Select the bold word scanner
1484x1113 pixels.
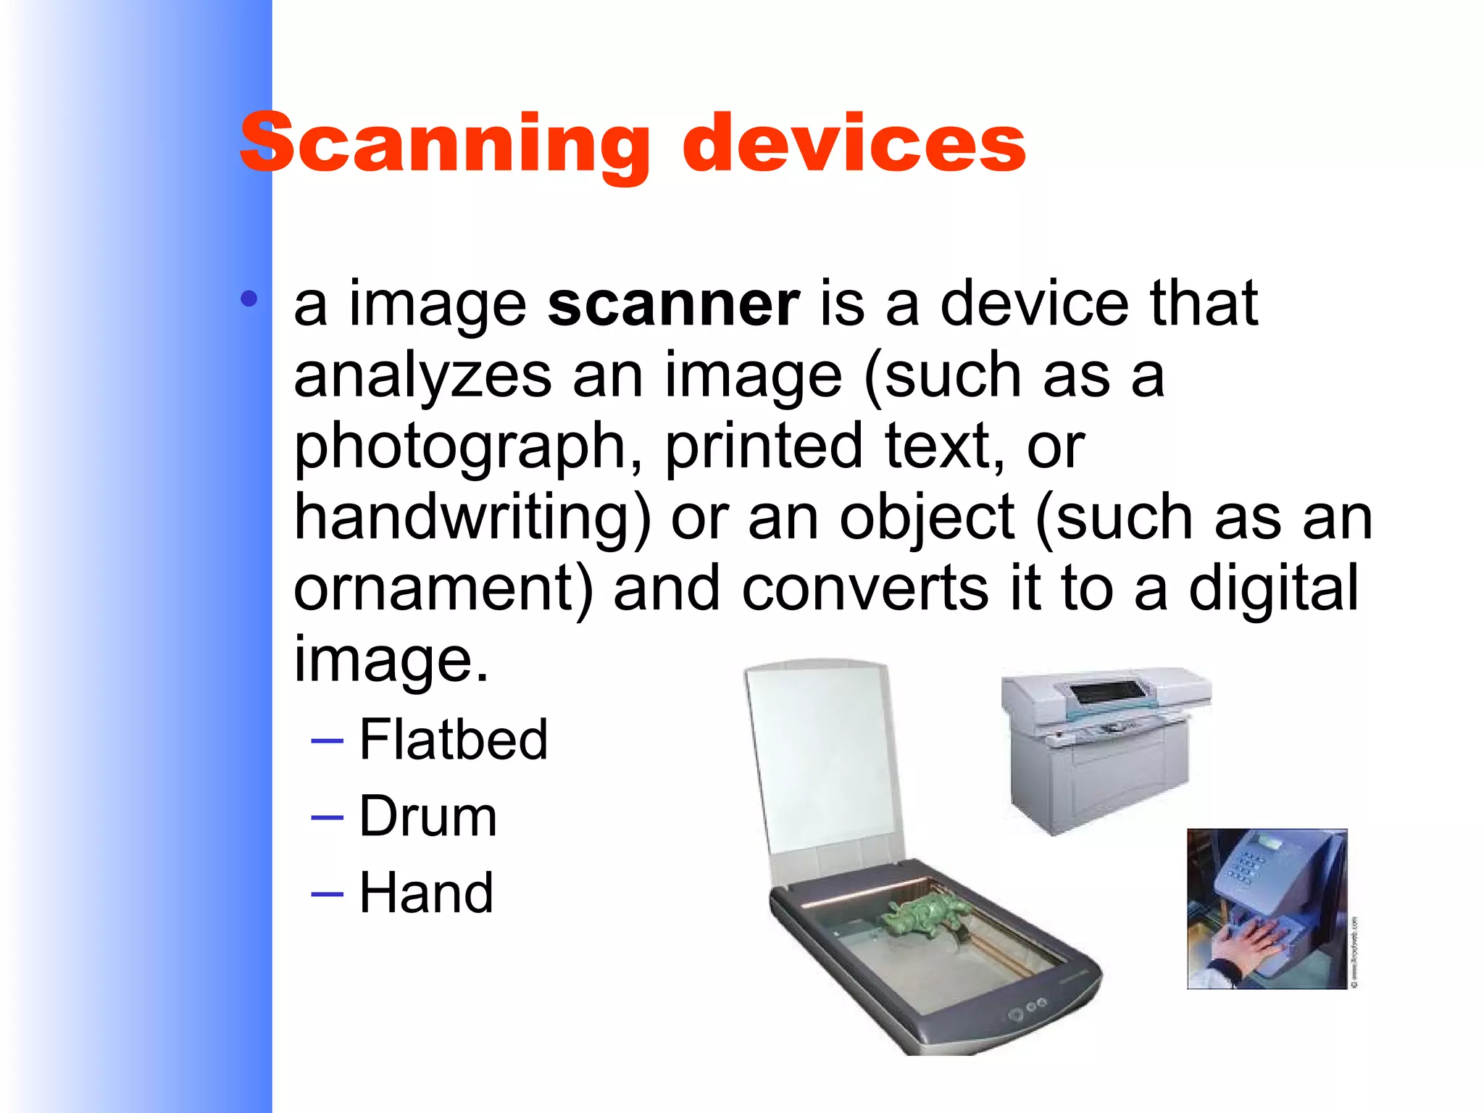click(x=673, y=304)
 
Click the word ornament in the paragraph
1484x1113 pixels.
click(x=443, y=588)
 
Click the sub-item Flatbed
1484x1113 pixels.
click(x=453, y=739)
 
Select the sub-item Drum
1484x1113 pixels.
click(x=428, y=817)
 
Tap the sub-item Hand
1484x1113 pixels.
click(x=426, y=893)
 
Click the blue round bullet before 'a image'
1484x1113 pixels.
click(x=249, y=299)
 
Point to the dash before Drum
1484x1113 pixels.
click(x=327, y=817)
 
